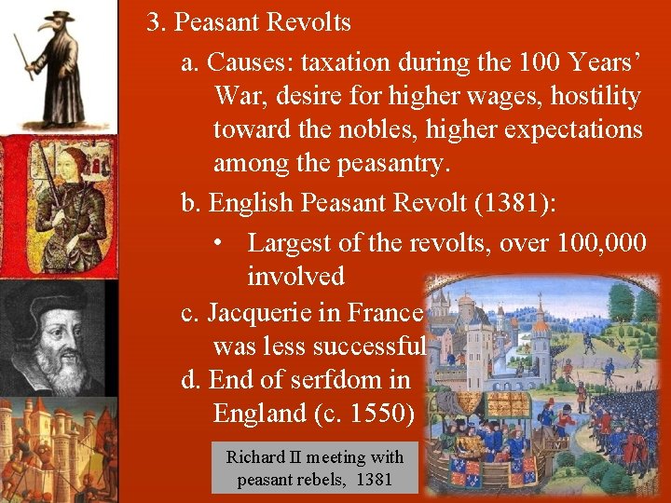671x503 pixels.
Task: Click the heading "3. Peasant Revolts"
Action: [x=248, y=21]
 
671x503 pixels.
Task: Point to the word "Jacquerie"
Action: [x=266, y=311]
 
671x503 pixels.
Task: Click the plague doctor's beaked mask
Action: [x=47, y=26]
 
